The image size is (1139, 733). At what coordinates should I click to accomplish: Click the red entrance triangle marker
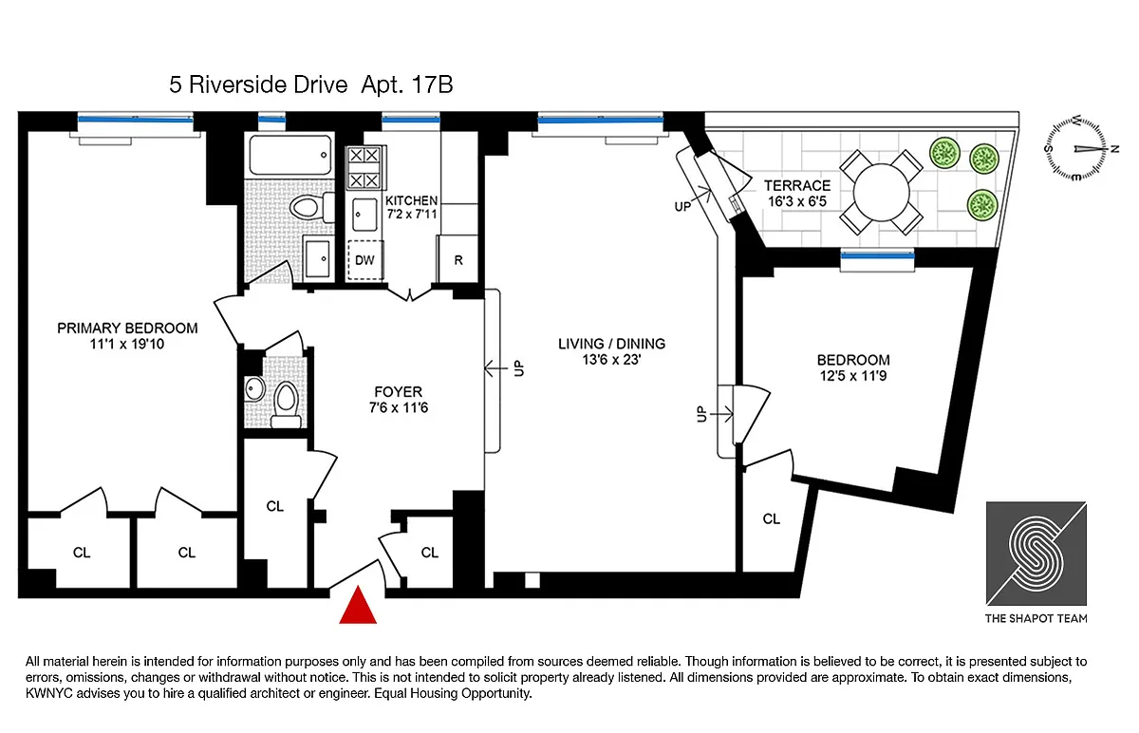358,606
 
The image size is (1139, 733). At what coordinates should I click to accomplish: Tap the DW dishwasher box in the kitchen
365,260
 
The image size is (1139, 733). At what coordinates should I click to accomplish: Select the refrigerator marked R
457,259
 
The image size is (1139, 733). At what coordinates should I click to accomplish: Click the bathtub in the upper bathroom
289,155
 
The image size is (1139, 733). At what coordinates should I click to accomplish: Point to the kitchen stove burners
364,167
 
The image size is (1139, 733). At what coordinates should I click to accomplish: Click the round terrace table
881,193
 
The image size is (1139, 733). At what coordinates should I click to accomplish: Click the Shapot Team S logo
1036,554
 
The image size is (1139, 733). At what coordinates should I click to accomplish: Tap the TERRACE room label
796,186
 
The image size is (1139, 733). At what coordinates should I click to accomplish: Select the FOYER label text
398,392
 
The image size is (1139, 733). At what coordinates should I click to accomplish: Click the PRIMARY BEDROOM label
127,329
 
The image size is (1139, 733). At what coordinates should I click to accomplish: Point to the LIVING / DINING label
611,344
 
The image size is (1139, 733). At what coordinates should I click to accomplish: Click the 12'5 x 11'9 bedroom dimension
853,376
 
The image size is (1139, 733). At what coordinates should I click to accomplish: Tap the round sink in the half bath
254,389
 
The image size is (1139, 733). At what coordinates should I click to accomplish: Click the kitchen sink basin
364,215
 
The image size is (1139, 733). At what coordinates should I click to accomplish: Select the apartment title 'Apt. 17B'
407,85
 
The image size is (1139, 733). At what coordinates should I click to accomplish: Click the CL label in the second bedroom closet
771,518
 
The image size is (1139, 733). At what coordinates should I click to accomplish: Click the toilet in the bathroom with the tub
311,207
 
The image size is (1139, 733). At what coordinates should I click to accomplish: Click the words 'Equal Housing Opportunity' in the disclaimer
453,693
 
